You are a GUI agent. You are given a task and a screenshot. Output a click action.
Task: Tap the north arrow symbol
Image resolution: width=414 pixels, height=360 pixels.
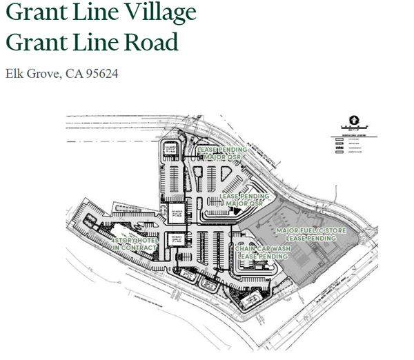(352, 118)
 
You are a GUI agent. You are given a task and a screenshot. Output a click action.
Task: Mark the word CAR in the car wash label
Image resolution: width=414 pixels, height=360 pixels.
(262, 248)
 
